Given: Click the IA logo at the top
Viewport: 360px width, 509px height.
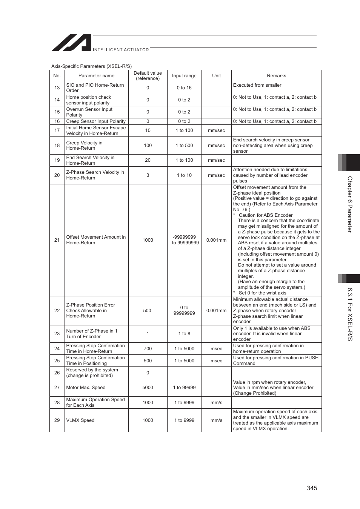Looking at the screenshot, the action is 72,43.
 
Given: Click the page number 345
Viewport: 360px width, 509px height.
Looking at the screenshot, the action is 312,488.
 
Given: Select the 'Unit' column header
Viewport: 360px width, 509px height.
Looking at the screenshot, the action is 216,76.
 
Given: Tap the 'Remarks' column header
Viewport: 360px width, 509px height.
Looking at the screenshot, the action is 276,76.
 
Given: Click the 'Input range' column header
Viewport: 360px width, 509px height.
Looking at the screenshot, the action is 184,76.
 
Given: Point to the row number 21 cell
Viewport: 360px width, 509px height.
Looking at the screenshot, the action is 57,240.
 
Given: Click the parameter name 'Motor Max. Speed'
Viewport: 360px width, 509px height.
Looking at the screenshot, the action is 86,388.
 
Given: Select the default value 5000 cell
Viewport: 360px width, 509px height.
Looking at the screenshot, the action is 148,388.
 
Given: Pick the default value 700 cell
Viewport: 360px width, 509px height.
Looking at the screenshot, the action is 148,349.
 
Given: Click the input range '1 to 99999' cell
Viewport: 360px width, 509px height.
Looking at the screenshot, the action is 184,388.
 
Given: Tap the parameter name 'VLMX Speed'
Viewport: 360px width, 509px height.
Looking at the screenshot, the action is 80,420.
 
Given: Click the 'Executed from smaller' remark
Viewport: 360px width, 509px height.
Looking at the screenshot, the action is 257,85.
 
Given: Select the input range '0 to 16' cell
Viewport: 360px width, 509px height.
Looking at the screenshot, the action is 184,88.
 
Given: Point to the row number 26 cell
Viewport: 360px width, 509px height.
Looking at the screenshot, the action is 57,373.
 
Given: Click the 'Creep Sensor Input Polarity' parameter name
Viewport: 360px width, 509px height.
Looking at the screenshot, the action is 96,121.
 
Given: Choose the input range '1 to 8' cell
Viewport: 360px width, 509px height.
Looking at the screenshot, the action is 184,334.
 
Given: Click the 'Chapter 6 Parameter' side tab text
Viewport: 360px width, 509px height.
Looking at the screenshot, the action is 350,204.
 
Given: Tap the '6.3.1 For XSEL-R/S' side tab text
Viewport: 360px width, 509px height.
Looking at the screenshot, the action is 350,314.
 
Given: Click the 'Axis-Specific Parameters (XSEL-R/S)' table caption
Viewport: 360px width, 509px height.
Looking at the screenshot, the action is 91,66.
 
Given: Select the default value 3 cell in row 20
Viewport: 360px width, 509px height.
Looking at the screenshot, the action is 148,175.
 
